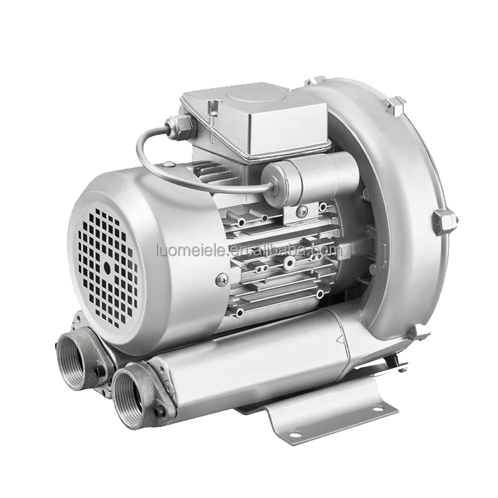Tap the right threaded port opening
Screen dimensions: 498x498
(132, 398)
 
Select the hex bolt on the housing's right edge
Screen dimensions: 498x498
(444, 220)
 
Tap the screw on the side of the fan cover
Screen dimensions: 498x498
(219, 281)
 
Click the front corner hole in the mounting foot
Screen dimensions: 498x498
(291, 434)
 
